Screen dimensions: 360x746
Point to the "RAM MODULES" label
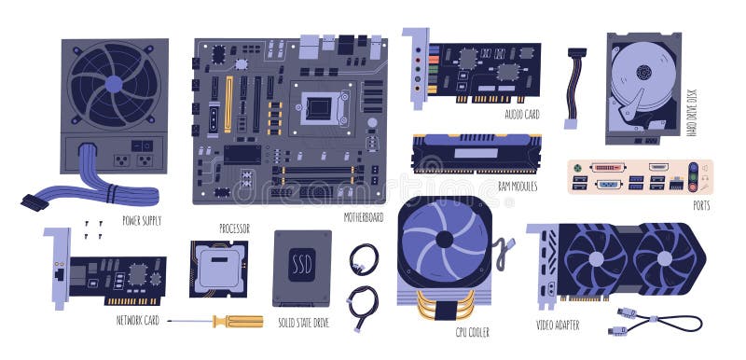coord(517,187)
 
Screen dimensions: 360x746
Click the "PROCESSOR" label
coord(234,228)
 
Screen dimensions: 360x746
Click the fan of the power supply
coord(114,84)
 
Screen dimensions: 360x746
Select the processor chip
coord(219,268)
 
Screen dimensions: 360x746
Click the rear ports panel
coord(633,176)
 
